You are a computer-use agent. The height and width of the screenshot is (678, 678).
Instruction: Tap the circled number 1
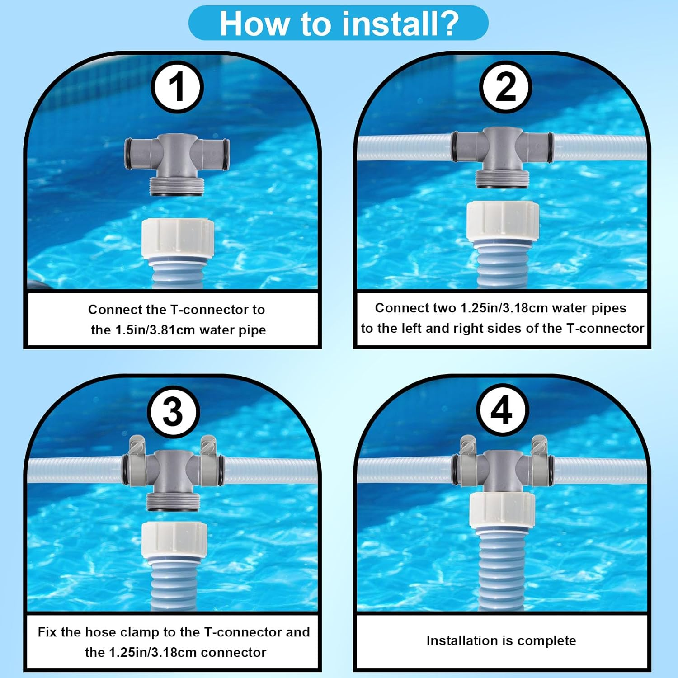coord(177,87)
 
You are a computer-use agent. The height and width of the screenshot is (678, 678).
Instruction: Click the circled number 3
coord(173,411)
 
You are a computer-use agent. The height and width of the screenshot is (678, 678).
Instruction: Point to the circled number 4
coord(502,410)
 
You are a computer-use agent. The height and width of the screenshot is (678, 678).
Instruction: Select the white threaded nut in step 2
coord(503,222)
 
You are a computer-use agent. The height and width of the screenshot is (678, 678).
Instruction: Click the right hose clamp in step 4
coord(539,461)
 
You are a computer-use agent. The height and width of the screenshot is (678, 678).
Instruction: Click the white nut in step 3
coord(174,540)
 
